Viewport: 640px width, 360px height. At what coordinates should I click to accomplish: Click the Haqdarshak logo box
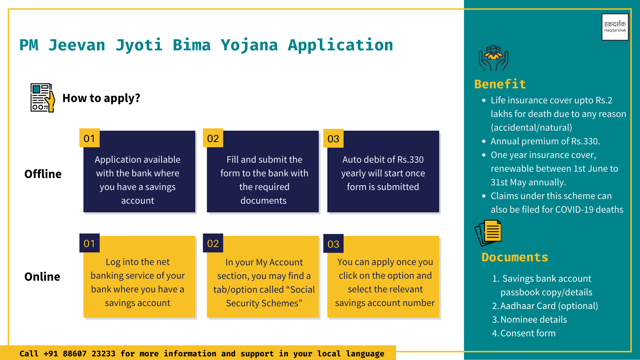coord(615,27)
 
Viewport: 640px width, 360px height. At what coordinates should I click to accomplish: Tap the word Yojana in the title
coord(249,45)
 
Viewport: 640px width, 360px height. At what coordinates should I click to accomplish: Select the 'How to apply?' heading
coord(101,98)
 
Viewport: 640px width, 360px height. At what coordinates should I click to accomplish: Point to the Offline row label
coord(43,174)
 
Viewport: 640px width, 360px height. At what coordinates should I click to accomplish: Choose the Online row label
coord(42,277)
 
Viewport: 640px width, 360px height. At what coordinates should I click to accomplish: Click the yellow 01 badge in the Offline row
coord(89,138)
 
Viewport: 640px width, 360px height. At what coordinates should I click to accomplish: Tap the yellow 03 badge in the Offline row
coord(333,138)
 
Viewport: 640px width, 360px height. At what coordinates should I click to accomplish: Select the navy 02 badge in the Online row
coord(213,243)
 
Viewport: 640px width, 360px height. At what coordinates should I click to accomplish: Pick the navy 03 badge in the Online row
coord(333,244)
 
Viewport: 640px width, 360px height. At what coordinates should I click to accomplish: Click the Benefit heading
coord(500,84)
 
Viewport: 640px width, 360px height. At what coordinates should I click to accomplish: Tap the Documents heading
coord(515,257)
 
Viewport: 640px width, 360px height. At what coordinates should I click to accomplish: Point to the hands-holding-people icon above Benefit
coord(494,58)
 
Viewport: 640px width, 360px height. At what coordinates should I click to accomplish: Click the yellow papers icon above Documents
coord(488,233)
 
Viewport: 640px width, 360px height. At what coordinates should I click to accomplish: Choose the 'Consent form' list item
coord(528,333)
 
